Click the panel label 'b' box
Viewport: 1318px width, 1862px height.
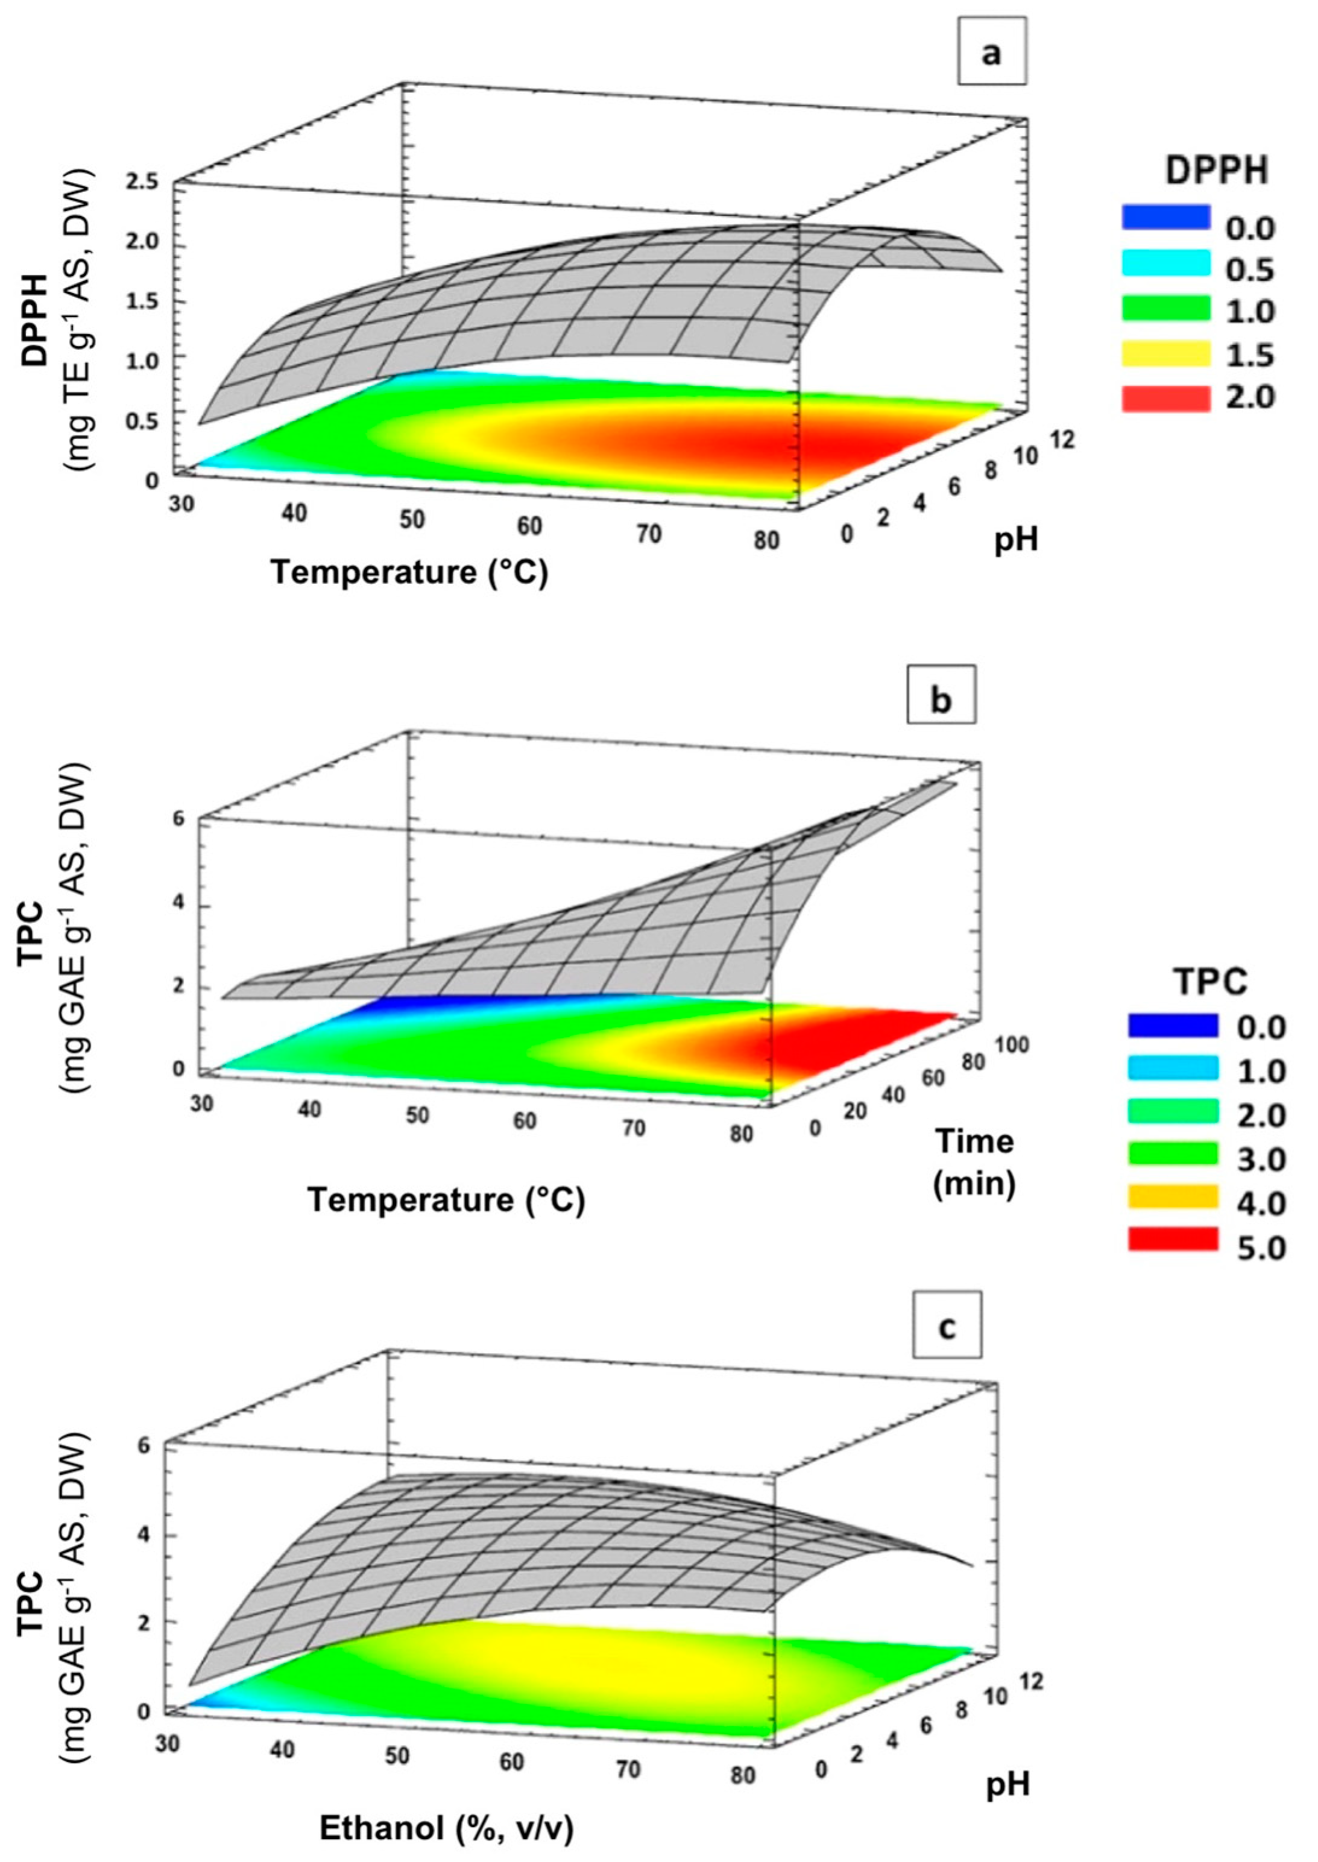(x=941, y=695)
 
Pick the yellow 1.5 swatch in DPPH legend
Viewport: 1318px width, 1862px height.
(x=1165, y=355)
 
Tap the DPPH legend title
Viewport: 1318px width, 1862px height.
(x=1216, y=172)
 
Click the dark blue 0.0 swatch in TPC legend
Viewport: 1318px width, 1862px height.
(x=1173, y=1025)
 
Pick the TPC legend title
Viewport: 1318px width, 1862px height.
(x=1210, y=983)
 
